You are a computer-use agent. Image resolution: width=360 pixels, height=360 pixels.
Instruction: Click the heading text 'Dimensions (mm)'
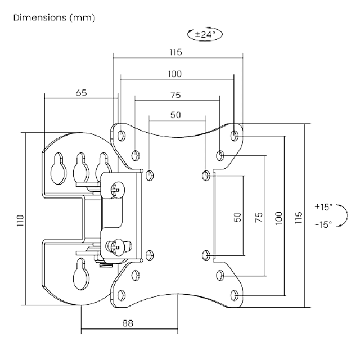tap(54, 18)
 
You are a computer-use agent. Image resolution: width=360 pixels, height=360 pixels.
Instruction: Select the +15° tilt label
tap(325, 206)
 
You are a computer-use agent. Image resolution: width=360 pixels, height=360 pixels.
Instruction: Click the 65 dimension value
tap(81, 93)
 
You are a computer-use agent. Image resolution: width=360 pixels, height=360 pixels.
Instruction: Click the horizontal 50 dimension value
tap(175, 115)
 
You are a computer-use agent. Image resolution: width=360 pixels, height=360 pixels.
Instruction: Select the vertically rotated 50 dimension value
tap(237, 217)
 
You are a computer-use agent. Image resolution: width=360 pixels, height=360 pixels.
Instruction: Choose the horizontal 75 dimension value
tap(175, 95)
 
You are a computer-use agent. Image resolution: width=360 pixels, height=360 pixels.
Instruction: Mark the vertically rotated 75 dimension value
tap(258, 217)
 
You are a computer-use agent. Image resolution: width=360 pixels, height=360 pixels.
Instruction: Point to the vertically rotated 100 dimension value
tap(279, 217)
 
